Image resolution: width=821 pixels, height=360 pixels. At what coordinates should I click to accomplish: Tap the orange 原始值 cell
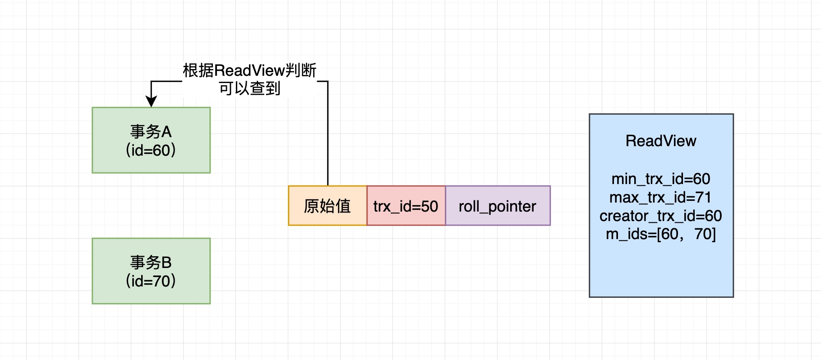(x=327, y=206)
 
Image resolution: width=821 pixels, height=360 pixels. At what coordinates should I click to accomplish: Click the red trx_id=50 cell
(x=406, y=206)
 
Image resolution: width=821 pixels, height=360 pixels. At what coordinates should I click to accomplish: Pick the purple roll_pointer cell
(x=498, y=206)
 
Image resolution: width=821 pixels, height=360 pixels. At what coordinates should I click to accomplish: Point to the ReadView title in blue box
(x=661, y=141)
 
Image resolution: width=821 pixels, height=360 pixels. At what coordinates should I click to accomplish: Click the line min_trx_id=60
(x=661, y=179)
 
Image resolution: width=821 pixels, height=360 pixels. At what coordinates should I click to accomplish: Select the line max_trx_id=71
(x=661, y=198)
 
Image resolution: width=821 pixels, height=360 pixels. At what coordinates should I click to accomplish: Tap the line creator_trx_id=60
(x=661, y=216)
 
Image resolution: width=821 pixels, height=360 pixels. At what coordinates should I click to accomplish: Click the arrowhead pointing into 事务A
(x=151, y=102)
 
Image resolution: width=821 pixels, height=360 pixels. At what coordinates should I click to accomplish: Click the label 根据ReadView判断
(x=249, y=70)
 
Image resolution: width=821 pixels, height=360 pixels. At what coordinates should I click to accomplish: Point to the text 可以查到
(x=249, y=88)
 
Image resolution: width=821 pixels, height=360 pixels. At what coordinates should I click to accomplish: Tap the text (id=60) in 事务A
(x=151, y=150)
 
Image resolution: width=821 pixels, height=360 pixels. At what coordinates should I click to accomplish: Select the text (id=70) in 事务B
(x=151, y=281)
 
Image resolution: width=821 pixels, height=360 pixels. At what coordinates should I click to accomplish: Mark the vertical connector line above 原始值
(x=327, y=135)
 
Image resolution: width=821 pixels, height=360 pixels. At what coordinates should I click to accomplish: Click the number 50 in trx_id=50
(x=429, y=206)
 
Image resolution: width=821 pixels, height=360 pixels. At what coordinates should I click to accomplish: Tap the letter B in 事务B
(x=166, y=263)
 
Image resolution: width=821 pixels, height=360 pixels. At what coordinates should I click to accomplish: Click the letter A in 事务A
(x=166, y=132)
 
